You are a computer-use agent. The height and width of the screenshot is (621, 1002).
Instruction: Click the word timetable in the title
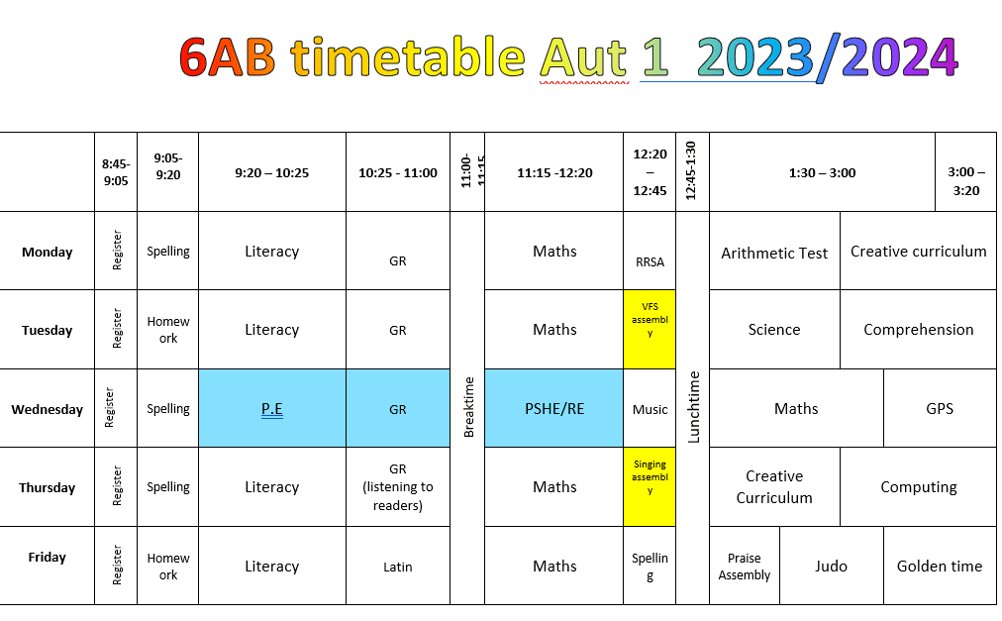408,56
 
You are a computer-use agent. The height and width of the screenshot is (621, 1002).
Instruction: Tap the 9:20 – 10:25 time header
271,172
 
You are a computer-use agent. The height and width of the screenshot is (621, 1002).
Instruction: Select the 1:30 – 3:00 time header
822,172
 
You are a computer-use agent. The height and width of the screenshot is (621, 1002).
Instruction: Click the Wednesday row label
48,409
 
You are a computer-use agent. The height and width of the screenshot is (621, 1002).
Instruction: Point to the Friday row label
48,557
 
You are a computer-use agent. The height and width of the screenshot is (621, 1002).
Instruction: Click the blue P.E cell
272,408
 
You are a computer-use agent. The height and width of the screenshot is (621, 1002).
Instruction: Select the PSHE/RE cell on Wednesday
554,408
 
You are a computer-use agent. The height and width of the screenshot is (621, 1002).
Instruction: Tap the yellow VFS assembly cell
650,330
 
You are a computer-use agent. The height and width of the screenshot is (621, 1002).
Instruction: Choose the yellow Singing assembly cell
650,486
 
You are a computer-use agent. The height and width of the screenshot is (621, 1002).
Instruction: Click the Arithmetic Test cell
774,252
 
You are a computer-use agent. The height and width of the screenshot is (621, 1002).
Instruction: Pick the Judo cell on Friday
832,566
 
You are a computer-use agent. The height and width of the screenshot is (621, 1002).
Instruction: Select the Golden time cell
940,566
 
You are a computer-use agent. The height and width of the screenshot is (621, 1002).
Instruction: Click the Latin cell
397,566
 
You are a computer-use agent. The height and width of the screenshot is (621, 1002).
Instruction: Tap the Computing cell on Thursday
918,486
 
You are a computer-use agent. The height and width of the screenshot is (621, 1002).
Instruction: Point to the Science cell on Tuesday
774,330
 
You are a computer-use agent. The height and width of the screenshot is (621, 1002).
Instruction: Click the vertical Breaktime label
468,407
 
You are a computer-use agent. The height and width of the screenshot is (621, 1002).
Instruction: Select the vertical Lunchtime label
693,407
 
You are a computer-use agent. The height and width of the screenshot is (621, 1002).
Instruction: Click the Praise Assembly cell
745,566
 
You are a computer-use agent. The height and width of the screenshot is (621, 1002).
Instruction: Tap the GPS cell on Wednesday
940,408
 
